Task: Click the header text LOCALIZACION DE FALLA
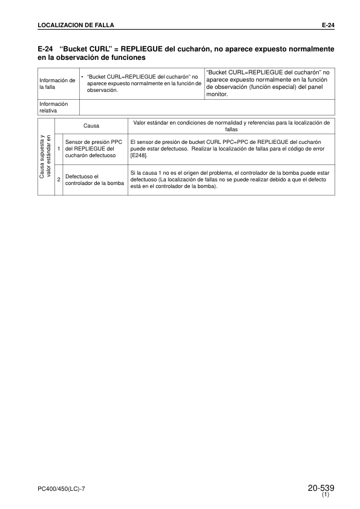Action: (x=76, y=25)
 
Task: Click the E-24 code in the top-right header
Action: (x=327, y=25)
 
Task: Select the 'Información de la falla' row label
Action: (x=57, y=83)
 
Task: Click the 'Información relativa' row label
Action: (x=53, y=107)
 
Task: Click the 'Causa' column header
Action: (x=91, y=126)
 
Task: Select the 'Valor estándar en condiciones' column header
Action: (x=231, y=126)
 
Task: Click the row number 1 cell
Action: (x=59, y=148)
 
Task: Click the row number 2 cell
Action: (x=59, y=180)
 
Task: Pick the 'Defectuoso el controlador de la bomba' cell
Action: (x=94, y=180)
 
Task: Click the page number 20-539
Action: (x=321, y=487)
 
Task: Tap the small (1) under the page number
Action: (x=326, y=495)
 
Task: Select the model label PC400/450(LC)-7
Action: (x=65, y=488)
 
